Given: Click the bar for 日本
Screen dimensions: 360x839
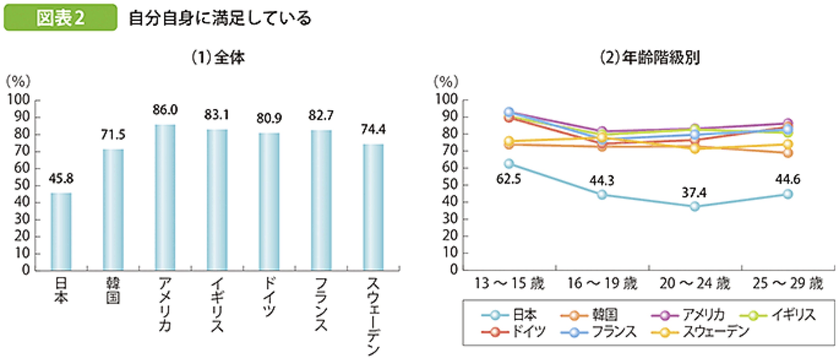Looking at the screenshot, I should click(x=61, y=232).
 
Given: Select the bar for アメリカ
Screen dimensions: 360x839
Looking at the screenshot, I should click(x=165, y=197).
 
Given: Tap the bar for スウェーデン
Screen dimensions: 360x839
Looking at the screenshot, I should click(x=373, y=207).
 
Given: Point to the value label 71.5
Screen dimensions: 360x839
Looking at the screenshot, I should click(x=113, y=135).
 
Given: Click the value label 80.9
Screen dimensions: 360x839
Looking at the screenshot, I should click(x=269, y=118).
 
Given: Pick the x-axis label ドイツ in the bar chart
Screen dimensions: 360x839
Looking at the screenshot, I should click(x=269, y=297).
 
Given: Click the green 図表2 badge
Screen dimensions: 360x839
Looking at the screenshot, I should click(x=60, y=18).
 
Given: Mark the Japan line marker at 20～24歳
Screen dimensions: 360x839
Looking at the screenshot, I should click(x=694, y=206).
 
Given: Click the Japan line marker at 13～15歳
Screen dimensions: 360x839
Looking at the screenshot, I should click(x=509, y=164).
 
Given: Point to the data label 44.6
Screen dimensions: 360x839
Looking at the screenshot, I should click(x=787, y=179).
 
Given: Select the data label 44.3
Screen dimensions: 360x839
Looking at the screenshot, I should click(x=602, y=181).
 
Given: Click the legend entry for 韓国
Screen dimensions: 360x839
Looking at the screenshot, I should click(x=590, y=315).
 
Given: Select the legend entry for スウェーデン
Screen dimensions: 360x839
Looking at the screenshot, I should click(x=700, y=332).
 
